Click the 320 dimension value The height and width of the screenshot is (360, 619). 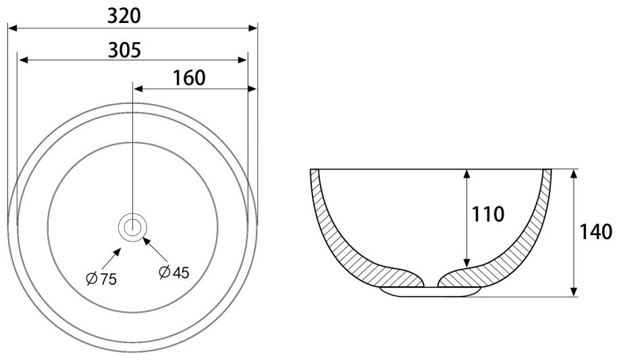pyautogui.click(x=124, y=16)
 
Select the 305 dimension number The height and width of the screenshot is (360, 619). pyautogui.click(x=125, y=50)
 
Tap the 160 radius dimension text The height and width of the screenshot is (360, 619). pyautogui.click(x=190, y=78)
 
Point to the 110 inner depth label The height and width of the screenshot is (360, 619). pyautogui.click(x=488, y=214)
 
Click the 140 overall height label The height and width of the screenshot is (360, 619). pyautogui.click(x=595, y=232)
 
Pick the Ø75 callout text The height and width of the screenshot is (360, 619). pyautogui.click(x=101, y=279)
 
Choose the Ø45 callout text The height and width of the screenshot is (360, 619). pyautogui.click(x=174, y=272)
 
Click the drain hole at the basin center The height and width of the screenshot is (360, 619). pyautogui.click(x=132, y=227)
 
